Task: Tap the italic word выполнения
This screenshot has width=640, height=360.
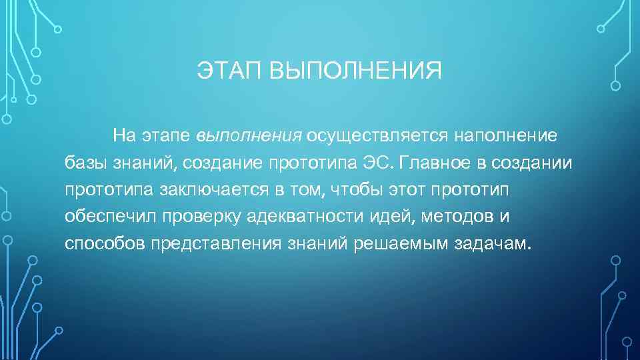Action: (x=250, y=137)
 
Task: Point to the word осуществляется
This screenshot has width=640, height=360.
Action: (x=378, y=137)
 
